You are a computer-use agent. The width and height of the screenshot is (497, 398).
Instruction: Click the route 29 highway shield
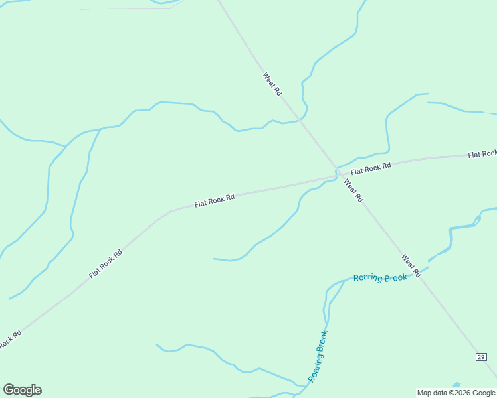pos(481,357)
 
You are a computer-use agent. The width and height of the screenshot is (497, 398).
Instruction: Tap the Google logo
pos(22,389)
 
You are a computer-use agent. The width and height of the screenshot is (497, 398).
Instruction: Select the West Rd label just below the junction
pos(353,190)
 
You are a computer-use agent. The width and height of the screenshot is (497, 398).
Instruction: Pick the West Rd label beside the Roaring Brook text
pos(411,265)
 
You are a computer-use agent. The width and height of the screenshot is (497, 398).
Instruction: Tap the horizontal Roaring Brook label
pos(380,278)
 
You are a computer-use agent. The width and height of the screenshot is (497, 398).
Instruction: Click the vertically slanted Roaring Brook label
pos(318,356)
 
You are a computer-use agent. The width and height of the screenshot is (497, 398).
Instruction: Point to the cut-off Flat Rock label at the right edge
pos(482,154)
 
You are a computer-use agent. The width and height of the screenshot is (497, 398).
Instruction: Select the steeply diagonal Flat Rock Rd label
pos(106,264)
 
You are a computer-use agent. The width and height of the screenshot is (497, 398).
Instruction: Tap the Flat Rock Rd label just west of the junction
pos(215,200)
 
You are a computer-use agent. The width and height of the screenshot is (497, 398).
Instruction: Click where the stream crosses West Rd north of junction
pos(301,120)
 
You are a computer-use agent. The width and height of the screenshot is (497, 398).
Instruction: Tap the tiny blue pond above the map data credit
pos(456,385)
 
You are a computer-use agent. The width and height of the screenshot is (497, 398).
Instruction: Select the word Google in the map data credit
pos(483,393)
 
